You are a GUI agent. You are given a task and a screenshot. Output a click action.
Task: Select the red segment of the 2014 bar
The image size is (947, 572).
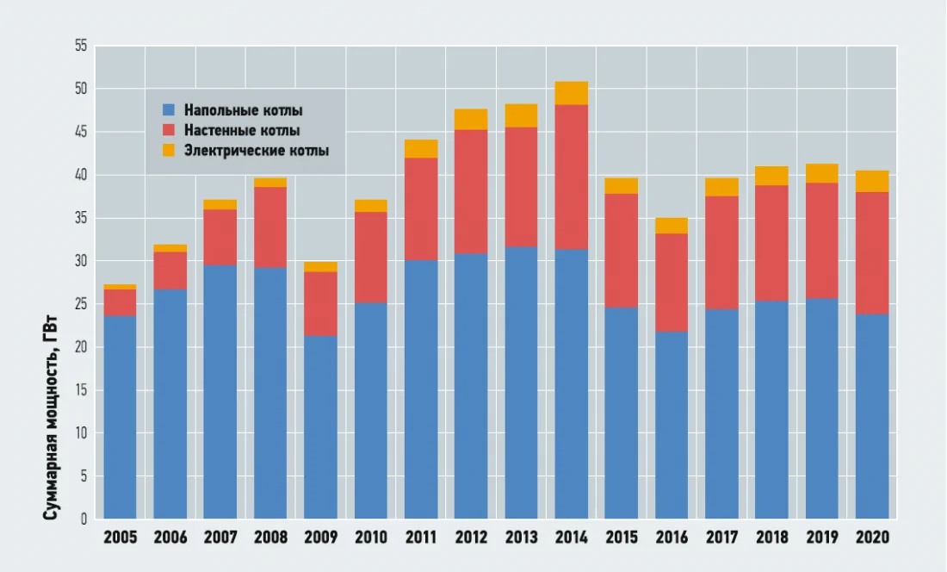(572, 177)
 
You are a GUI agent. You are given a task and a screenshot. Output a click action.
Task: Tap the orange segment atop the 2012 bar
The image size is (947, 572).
(471, 119)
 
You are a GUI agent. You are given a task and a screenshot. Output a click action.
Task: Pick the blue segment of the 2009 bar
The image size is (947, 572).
(320, 427)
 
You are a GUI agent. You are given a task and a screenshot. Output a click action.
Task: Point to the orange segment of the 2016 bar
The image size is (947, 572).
(672, 226)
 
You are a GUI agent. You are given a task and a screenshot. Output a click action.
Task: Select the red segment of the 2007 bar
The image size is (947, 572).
(220, 237)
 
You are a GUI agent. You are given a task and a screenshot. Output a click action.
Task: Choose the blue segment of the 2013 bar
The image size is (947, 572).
(521, 382)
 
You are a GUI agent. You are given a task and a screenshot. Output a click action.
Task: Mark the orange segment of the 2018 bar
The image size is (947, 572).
(771, 176)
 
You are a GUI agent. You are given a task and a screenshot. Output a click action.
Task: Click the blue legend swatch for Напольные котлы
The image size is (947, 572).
(169, 110)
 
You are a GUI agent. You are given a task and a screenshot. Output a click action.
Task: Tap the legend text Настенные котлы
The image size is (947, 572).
(242, 131)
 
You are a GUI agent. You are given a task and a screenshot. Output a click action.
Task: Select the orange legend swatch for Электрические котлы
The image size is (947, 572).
(169, 151)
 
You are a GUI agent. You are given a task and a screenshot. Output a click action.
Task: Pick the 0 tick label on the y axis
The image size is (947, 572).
(84, 519)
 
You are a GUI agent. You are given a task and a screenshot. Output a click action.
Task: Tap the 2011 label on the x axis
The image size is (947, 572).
(421, 538)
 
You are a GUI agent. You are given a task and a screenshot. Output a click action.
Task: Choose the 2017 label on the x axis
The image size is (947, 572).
(721, 538)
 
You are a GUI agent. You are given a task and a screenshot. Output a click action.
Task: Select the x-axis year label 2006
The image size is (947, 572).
(170, 538)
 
